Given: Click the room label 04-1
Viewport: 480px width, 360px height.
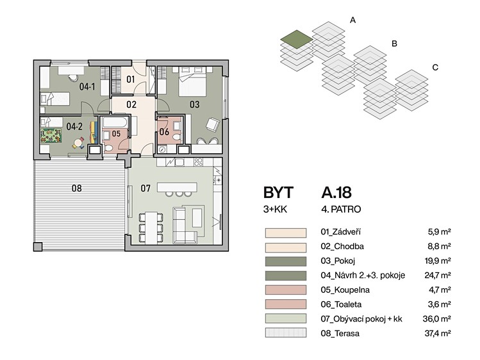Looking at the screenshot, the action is (x=87, y=86).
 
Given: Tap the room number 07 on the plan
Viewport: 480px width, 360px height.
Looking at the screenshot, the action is (x=145, y=188).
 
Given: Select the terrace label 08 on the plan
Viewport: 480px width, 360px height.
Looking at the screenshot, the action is (x=76, y=188).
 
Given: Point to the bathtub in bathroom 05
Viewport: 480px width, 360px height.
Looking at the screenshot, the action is (x=115, y=123).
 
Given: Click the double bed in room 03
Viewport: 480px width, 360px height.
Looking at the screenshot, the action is (x=192, y=81).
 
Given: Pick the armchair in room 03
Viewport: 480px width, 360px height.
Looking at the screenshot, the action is (x=213, y=125).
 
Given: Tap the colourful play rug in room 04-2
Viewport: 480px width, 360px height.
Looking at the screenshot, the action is (x=51, y=136).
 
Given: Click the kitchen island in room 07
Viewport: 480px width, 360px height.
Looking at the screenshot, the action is (x=177, y=187).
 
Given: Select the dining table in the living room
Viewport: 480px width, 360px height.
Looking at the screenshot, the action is (x=151, y=228).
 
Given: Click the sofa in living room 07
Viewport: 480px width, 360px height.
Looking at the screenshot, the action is (x=185, y=225).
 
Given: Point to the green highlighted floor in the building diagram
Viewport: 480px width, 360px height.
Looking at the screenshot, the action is (x=297, y=39).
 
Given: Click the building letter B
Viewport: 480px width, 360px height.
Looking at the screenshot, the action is (x=394, y=44).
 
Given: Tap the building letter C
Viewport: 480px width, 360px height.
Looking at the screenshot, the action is (x=435, y=67).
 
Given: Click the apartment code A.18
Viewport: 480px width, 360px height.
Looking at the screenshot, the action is (x=336, y=193).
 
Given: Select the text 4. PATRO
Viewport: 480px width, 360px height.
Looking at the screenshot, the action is (x=341, y=209).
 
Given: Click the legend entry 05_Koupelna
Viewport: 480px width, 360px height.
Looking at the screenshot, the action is (x=345, y=290).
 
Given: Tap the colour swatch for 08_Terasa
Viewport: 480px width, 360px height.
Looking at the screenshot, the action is (x=286, y=333).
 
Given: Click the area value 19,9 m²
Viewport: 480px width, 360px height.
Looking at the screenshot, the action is (x=438, y=261).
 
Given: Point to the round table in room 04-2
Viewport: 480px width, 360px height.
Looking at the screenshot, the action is (x=78, y=143).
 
